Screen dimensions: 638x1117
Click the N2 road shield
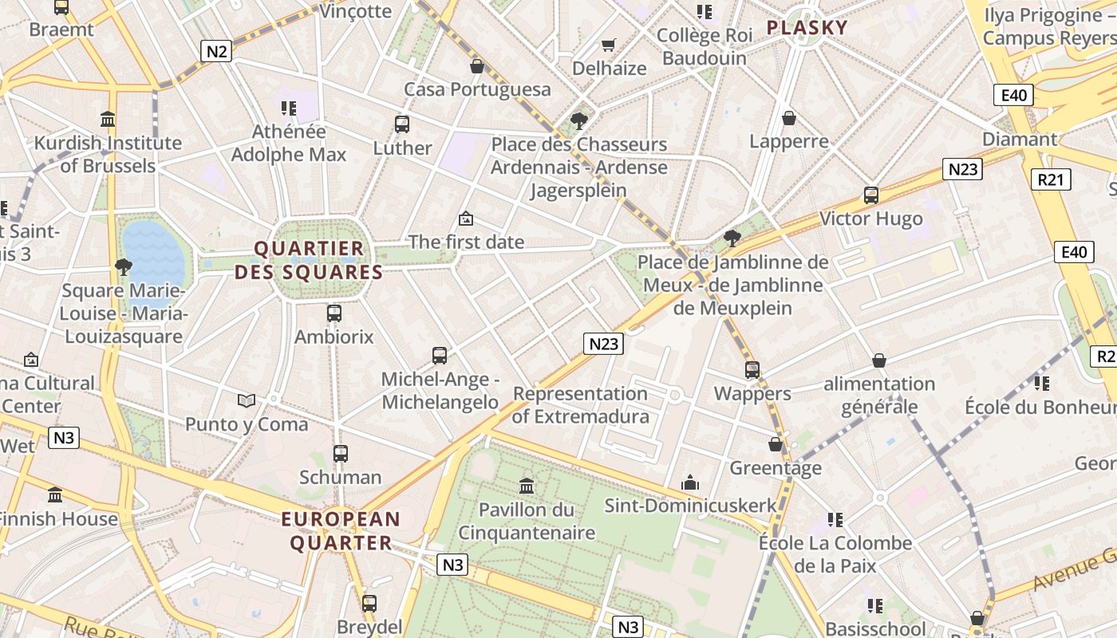pyautogui.click(x=217, y=52)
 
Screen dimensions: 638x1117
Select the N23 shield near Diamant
pyautogui.click(x=962, y=169)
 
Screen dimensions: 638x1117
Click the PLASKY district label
pyautogui.click(x=807, y=28)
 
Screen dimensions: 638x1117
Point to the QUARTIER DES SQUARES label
pyautogui.click(x=309, y=260)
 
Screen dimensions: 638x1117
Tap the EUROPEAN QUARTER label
pyautogui.click(x=341, y=531)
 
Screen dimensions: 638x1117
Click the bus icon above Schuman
pyautogui.click(x=341, y=454)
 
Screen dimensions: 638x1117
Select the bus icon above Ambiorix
pyautogui.click(x=334, y=313)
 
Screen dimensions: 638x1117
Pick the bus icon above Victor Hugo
pyautogui.click(x=871, y=195)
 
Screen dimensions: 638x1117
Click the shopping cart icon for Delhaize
pyautogui.click(x=609, y=45)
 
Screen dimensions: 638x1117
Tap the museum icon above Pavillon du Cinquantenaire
pyautogui.click(x=527, y=486)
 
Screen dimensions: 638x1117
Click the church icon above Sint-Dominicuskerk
pyautogui.click(x=690, y=482)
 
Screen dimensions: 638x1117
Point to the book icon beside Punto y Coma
pyautogui.click(x=247, y=400)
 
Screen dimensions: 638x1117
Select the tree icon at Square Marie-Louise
pyautogui.click(x=123, y=266)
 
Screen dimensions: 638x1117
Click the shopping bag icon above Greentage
pyautogui.click(x=776, y=444)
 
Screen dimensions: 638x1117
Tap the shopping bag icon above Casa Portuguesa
pyautogui.click(x=477, y=65)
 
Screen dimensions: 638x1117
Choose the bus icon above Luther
pyautogui.click(x=402, y=124)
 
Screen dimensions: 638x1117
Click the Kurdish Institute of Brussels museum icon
pyautogui.click(x=108, y=120)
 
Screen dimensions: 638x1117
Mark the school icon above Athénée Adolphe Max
pyautogui.click(x=288, y=108)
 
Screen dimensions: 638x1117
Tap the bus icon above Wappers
pyautogui.click(x=752, y=370)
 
